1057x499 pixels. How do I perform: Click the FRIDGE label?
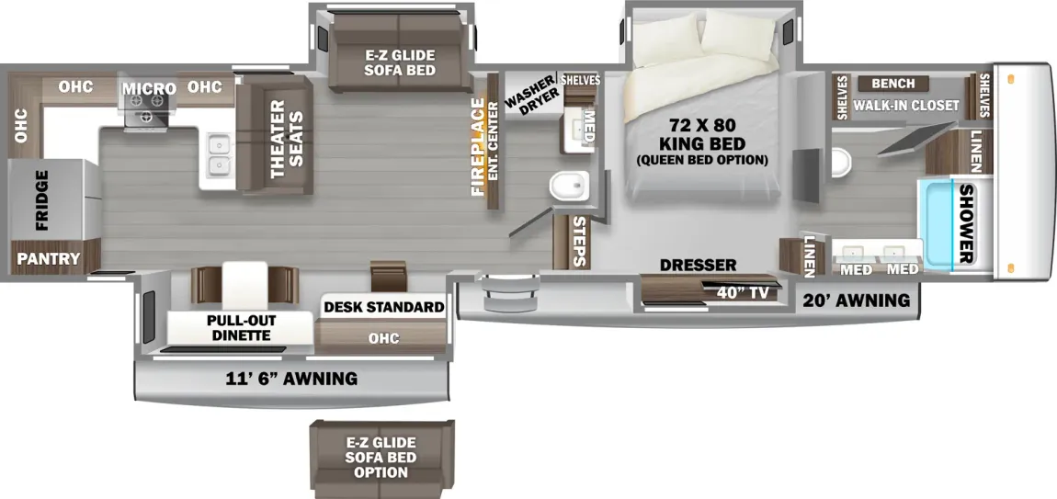42,199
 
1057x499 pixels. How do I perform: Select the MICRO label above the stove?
149,88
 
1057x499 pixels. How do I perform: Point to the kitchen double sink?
218,154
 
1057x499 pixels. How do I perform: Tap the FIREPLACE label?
477,146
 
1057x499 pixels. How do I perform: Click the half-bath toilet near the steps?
567,187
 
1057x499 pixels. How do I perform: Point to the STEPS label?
578,242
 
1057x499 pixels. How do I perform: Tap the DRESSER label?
698,265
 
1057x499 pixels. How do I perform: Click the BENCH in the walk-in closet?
887,83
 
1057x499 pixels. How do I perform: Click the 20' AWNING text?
856,300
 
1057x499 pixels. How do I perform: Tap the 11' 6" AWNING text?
292,378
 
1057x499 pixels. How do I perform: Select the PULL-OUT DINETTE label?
238,327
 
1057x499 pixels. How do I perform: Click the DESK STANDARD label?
383,306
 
